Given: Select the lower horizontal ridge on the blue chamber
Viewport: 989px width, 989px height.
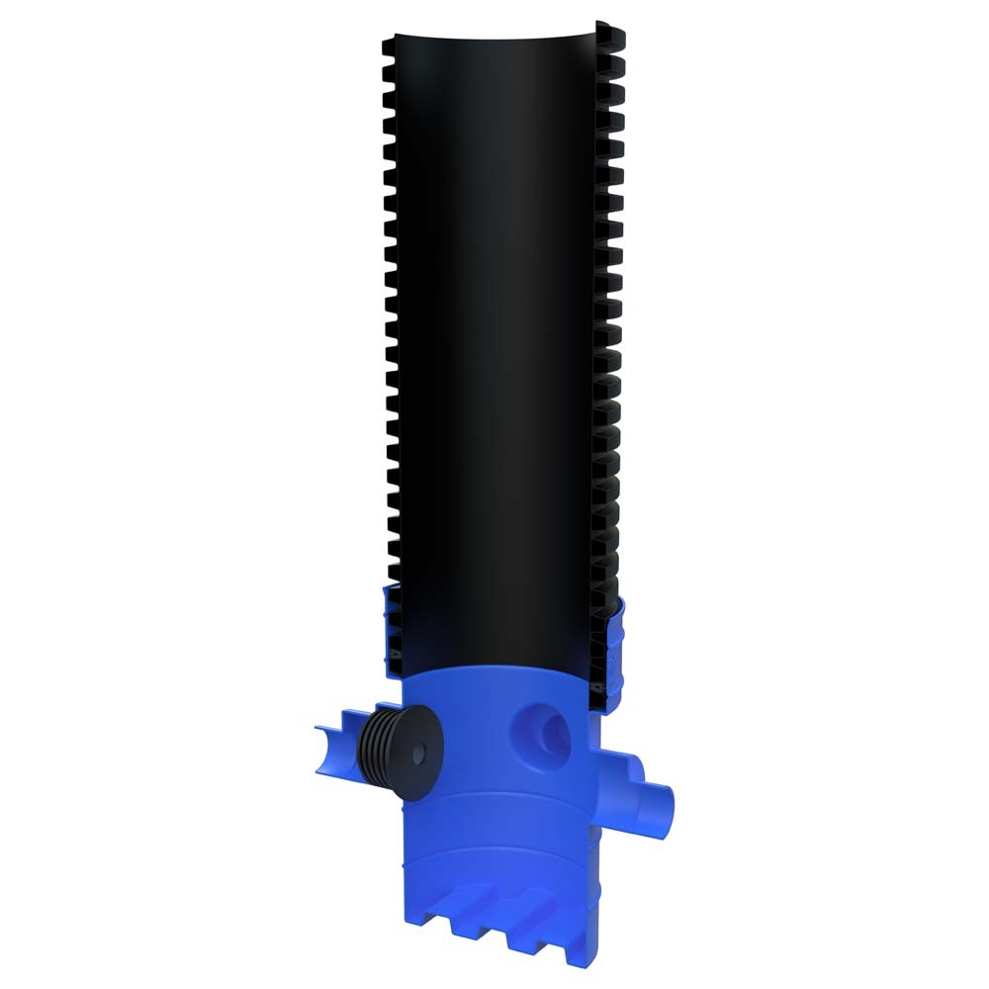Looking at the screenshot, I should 494,860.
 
